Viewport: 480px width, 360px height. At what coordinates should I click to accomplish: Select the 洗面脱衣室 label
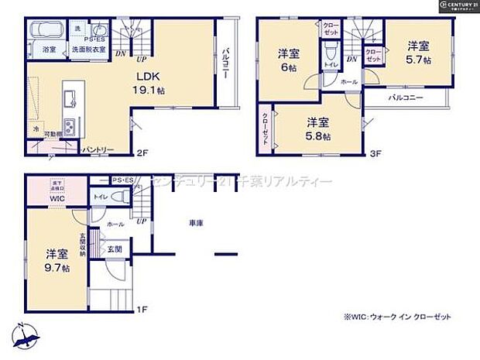[x=91, y=49]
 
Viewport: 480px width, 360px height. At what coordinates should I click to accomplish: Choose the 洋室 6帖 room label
[x=289, y=60]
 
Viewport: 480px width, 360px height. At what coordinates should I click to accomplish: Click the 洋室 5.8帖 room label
[x=317, y=129]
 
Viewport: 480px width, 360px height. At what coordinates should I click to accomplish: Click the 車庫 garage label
[x=196, y=223]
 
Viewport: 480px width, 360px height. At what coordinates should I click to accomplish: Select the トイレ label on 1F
[x=100, y=198]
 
